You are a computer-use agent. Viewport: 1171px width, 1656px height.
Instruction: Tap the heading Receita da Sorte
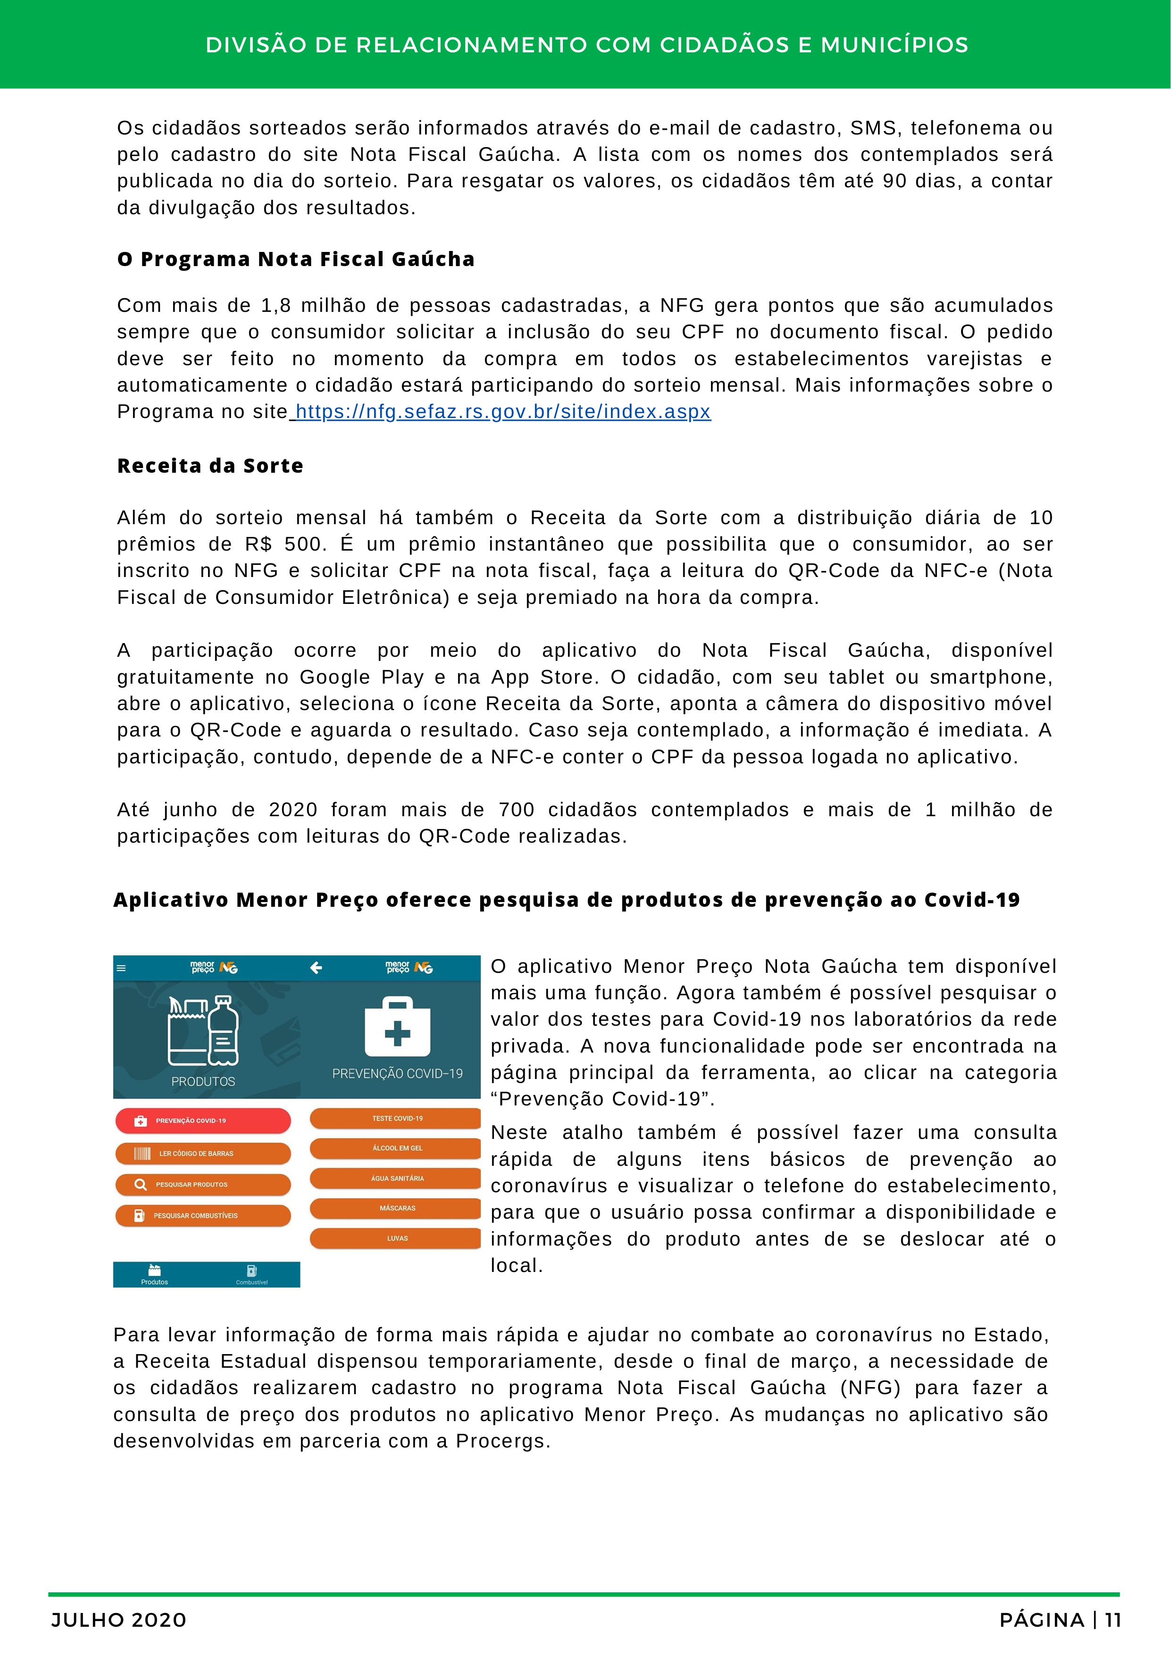[x=210, y=466]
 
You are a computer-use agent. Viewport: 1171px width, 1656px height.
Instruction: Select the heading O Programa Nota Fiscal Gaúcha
[x=296, y=259]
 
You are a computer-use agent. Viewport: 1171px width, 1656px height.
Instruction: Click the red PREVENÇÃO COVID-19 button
[x=202, y=1121]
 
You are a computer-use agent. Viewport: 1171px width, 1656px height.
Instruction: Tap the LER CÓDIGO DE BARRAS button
[x=202, y=1153]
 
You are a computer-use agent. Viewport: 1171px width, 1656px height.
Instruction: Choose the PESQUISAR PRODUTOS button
[x=202, y=1184]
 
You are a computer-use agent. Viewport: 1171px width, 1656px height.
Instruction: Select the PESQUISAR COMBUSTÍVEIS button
[x=202, y=1215]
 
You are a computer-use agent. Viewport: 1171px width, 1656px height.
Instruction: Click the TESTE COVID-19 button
[x=396, y=1119]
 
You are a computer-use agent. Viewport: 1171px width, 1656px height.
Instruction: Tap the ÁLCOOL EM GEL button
[x=396, y=1148]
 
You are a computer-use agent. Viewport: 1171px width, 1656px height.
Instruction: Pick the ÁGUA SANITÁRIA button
[x=396, y=1179]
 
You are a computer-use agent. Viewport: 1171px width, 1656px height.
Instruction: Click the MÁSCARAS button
[x=396, y=1208]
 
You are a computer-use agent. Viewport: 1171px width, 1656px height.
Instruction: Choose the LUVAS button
[x=396, y=1238]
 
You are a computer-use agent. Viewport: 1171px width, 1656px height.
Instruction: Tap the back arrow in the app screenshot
[x=316, y=968]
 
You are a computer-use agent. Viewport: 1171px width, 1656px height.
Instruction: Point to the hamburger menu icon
[x=121, y=969]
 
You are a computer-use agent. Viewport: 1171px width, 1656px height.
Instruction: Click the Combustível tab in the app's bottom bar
[x=251, y=1274]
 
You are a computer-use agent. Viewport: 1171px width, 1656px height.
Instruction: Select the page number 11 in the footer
[x=1112, y=1621]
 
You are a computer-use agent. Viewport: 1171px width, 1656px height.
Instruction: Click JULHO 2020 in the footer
[x=119, y=1621]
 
